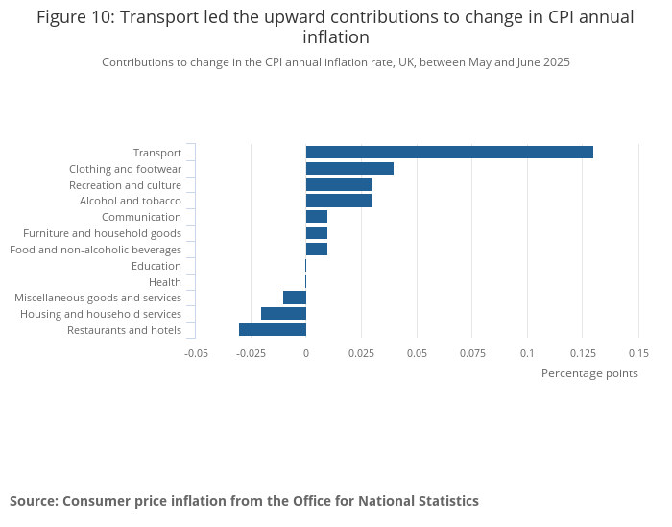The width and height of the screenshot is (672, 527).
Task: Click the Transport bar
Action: coord(449,152)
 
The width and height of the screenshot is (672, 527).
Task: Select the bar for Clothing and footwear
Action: coord(349,168)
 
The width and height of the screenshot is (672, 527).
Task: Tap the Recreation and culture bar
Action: coord(339,184)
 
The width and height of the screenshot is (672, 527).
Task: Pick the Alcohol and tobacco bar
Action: coord(339,201)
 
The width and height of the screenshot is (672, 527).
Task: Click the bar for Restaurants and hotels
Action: coord(273,330)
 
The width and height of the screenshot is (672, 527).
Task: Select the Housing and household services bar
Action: coord(283,314)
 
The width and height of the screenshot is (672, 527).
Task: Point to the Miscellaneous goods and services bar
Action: coord(295,298)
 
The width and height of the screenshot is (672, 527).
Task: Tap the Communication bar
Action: coord(317,217)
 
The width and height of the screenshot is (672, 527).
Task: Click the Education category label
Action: coord(156,266)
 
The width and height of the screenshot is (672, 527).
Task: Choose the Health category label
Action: coord(164,282)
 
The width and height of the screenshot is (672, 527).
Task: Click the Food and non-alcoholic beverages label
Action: coord(95,250)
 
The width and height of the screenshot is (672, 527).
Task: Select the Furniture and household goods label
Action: coord(102,233)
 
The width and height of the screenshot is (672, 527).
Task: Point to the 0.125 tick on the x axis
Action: coord(582,353)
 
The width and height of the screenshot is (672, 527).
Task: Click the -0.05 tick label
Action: coord(196,353)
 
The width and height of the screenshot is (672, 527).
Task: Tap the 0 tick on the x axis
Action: coord(306,353)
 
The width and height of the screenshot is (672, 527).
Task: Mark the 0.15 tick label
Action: coord(638,353)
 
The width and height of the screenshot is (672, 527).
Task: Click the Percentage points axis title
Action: coord(589,373)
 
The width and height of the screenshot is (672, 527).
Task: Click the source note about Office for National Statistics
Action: coord(244,501)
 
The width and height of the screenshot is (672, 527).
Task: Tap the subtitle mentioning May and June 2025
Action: coord(336,62)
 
